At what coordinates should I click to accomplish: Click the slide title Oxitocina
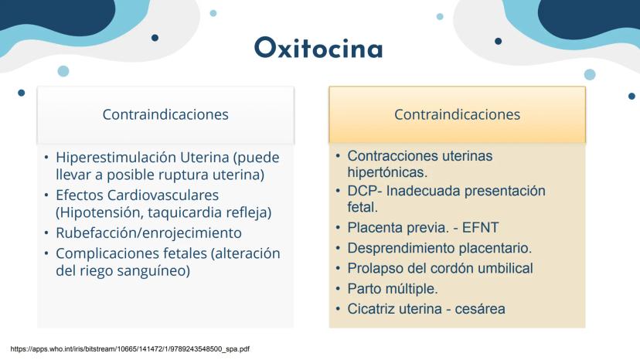tap(318, 48)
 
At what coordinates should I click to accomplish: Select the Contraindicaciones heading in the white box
tap(165, 114)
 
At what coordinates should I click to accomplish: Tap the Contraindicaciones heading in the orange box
tap(457, 114)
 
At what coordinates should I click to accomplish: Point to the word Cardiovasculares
tap(163, 195)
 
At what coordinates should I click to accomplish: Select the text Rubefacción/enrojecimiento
tap(148, 233)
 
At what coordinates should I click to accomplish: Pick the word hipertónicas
tap(387, 172)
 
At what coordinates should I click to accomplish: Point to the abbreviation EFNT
tap(481, 227)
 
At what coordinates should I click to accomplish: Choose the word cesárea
tap(480, 309)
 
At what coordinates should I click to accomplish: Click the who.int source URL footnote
tap(130, 349)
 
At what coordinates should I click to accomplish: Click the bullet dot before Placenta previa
tap(338, 227)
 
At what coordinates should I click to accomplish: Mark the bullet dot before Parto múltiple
tap(338, 289)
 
